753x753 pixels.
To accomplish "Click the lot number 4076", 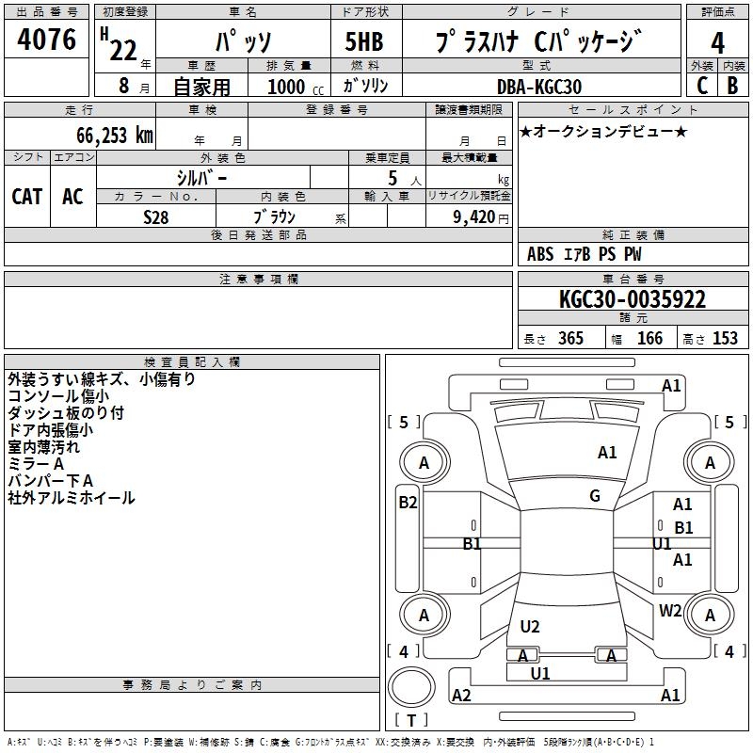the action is [x=47, y=40].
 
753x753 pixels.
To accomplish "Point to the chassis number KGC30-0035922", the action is [x=633, y=299].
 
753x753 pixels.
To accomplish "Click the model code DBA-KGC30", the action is [x=539, y=87].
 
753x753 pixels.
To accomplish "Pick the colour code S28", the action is [x=156, y=216].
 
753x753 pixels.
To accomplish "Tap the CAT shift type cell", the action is [x=26, y=196].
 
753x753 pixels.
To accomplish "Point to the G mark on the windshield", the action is [x=595, y=496].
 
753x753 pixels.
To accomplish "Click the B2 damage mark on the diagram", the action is [x=408, y=503].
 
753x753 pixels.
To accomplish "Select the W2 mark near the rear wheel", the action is [x=670, y=610].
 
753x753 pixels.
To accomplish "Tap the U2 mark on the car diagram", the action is [x=530, y=627].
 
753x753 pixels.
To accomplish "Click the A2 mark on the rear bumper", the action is [x=461, y=696].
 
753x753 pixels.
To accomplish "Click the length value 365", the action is [x=569, y=338].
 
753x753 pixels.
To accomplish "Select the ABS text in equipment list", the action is [x=540, y=254].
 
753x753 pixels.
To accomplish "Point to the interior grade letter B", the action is [x=732, y=85].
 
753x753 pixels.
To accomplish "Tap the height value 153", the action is [x=725, y=338].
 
